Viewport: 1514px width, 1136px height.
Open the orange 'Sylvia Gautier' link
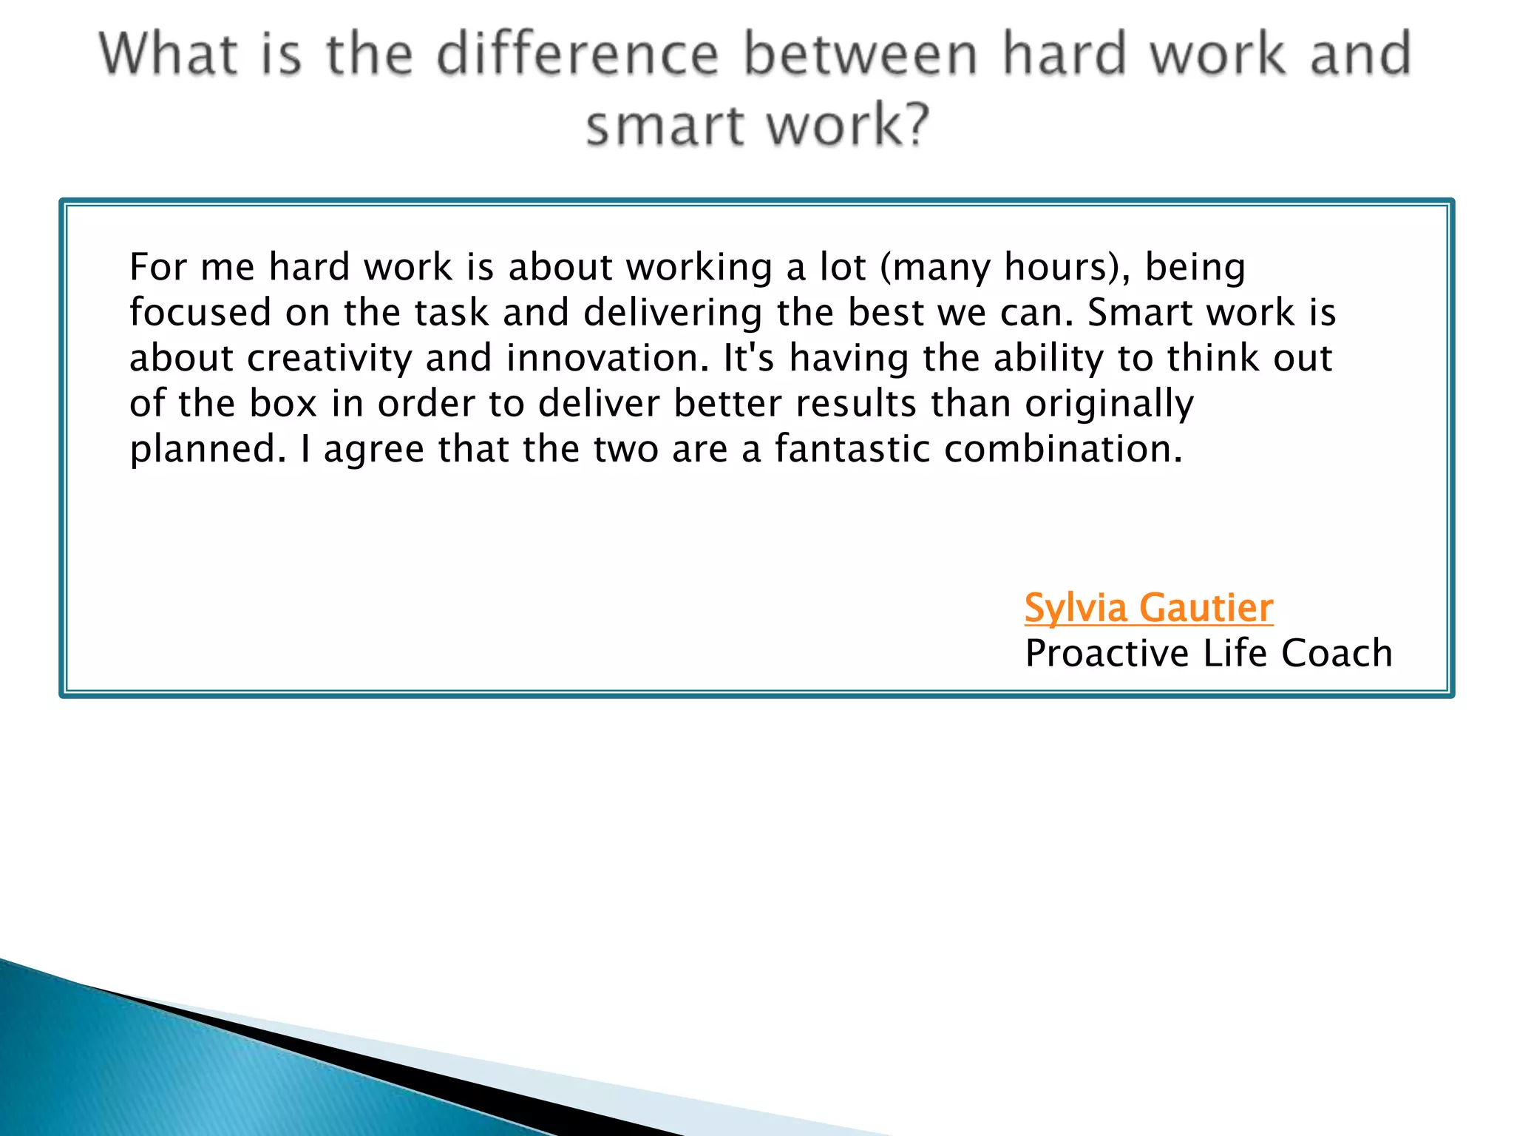click(1148, 608)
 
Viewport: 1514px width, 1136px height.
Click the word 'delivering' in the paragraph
click(672, 313)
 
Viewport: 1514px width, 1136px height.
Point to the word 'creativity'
click(329, 359)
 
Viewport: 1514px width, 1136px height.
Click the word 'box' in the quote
click(283, 404)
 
